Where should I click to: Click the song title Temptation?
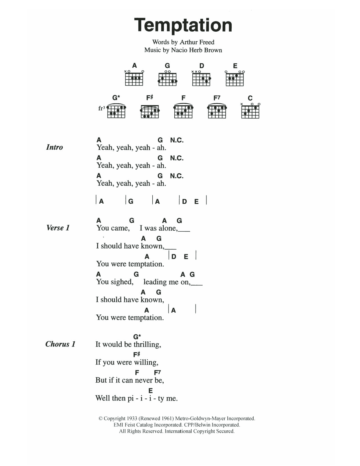pyautogui.click(x=183, y=26)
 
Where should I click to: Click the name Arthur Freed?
pyautogui.click(x=197, y=42)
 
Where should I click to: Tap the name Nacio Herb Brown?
pyautogui.click(x=196, y=50)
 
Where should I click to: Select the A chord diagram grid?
pyautogui.click(x=134, y=79)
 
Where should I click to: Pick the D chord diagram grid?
pyautogui.click(x=201, y=79)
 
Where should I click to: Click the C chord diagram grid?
pyautogui.click(x=250, y=112)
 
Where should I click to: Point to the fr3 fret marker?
pyautogui.click(x=102, y=108)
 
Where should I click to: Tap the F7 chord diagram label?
pyautogui.click(x=217, y=98)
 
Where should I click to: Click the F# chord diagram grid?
pyautogui.click(x=150, y=112)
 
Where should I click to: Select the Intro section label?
pyautogui.click(x=54, y=147)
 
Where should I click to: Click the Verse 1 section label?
pyautogui.click(x=58, y=228)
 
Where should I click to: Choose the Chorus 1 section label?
pyautogui.click(x=60, y=344)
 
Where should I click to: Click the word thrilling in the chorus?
pyautogui.click(x=147, y=345)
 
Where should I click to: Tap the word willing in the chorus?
pyautogui.click(x=146, y=363)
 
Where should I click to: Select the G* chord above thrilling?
pyautogui.click(x=137, y=337)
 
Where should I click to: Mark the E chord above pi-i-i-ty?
pyautogui.click(x=151, y=391)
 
